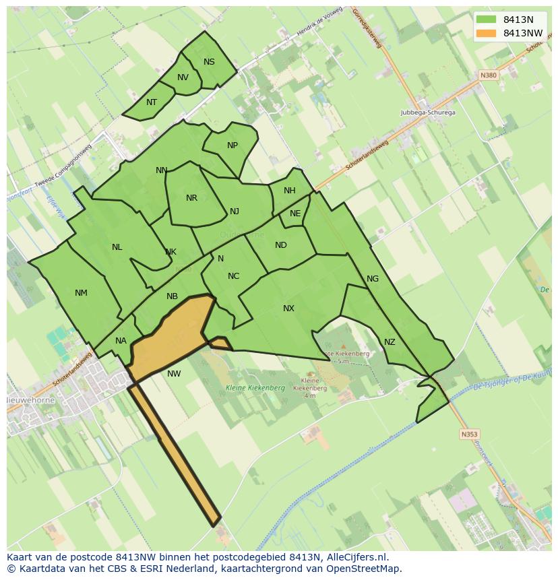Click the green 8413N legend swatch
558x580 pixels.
(485, 20)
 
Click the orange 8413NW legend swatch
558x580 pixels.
(485, 33)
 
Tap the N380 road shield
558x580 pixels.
(488, 75)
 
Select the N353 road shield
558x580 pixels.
(469, 434)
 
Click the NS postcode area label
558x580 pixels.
(209, 62)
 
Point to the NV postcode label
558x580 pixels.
(183, 77)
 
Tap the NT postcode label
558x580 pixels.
(152, 102)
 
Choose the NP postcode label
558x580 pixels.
(232, 146)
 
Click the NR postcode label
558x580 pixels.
(192, 198)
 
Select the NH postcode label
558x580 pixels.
(290, 191)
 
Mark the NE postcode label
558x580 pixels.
(295, 214)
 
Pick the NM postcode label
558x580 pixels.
(81, 292)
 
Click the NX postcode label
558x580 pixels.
(288, 309)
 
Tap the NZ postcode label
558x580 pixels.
(390, 342)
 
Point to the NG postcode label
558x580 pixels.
(373, 279)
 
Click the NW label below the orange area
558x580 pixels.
(174, 374)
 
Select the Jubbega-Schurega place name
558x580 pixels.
(427, 112)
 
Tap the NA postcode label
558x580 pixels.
(121, 341)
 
